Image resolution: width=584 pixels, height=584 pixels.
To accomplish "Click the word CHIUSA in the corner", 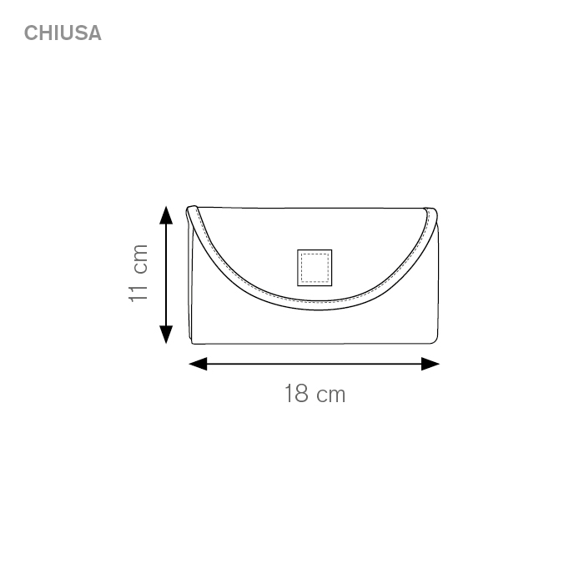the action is tap(63, 33).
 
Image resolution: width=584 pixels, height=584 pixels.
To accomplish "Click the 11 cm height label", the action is tap(138, 273).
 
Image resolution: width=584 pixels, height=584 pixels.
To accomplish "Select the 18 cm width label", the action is tap(315, 394).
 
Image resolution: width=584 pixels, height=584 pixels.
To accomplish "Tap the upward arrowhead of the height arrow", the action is tap(166, 215).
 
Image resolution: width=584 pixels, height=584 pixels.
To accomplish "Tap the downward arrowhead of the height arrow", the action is tap(166, 334).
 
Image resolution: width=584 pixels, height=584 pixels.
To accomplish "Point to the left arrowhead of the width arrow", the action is tap(198, 364).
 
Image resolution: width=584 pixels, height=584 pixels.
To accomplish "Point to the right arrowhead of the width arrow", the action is tap(430, 364).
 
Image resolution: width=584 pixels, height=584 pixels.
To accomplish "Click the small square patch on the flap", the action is tap(315, 268).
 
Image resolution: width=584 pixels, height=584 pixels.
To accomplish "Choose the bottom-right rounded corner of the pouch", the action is tap(435, 340).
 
